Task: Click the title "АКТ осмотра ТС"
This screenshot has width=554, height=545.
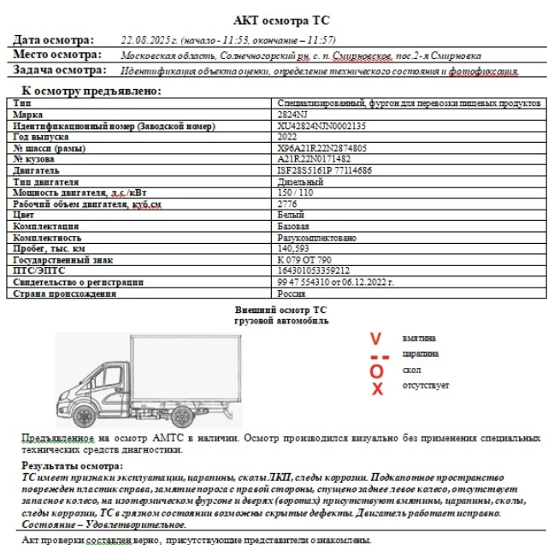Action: [281, 20]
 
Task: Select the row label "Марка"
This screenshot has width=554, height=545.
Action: [29, 114]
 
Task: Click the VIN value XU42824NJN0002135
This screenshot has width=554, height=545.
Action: [321, 126]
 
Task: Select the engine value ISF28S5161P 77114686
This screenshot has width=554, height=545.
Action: [325, 170]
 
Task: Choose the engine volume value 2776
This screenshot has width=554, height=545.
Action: [288, 204]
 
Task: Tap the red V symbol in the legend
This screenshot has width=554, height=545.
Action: [376, 339]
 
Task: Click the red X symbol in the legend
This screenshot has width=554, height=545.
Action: [377, 389]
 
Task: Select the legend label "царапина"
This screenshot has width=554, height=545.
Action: [421, 353]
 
